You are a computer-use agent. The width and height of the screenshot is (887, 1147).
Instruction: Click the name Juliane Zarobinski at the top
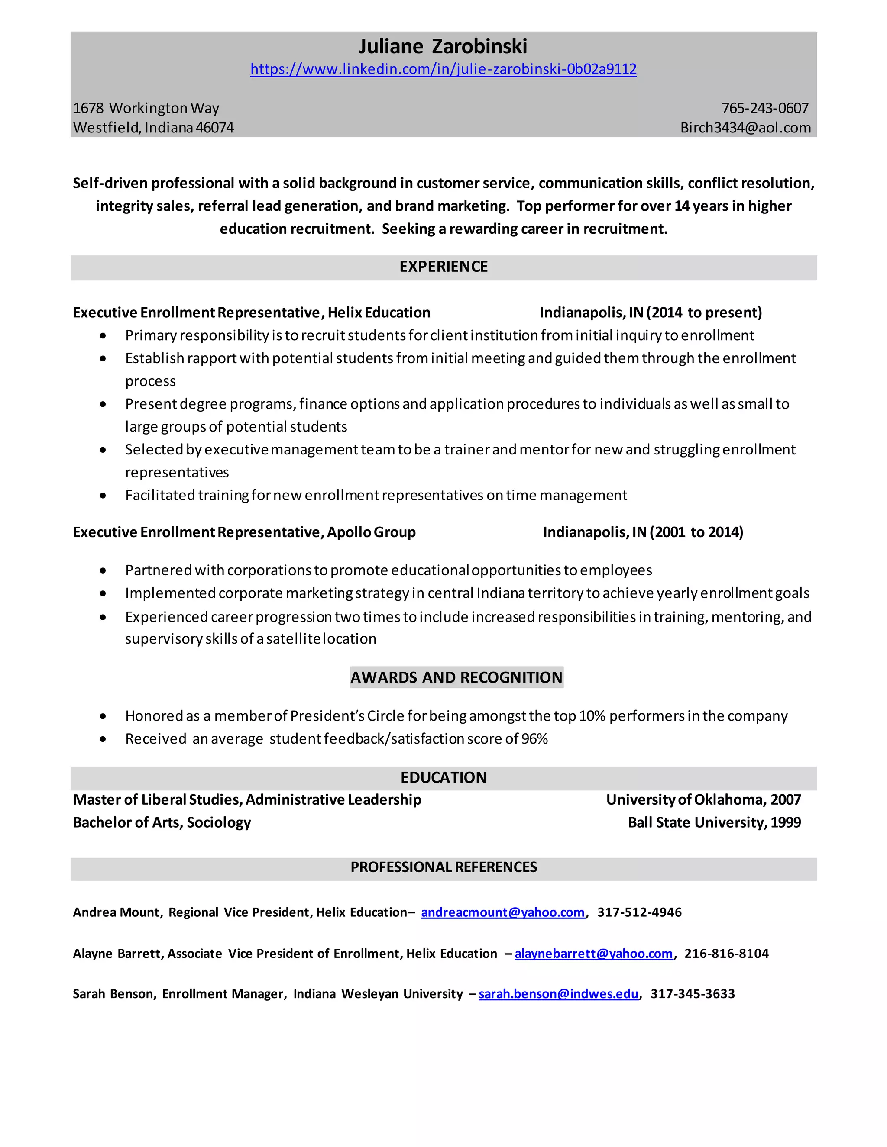click(x=443, y=47)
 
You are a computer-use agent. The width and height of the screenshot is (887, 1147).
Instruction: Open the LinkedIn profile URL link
click(x=443, y=69)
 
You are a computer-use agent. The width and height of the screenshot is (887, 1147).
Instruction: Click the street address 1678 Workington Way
click(x=146, y=108)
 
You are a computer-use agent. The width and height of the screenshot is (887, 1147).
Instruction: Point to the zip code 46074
click(x=215, y=128)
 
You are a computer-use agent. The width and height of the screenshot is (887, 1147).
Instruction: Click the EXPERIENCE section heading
click(x=443, y=267)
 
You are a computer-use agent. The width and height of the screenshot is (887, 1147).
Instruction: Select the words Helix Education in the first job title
click(x=379, y=313)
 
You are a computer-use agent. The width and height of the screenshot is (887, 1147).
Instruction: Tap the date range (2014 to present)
click(x=704, y=313)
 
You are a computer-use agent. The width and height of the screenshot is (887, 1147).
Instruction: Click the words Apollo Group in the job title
click(x=371, y=532)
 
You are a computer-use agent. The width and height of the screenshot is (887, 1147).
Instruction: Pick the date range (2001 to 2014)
click(x=696, y=532)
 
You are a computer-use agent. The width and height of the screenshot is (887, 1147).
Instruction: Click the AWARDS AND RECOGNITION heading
click(x=456, y=677)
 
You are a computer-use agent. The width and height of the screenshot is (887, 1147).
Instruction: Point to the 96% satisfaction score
click(x=534, y=739)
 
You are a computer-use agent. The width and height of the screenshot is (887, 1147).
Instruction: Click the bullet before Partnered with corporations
click(x=103, y=571)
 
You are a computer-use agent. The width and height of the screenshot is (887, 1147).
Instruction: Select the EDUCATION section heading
click(x=443, y=778)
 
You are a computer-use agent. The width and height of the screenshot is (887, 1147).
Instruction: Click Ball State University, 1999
click(x=714, y=822)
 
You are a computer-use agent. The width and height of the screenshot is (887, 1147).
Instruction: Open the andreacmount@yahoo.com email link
click(x=502, y=912)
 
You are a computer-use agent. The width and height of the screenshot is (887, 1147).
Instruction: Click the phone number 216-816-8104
click(x=726, y=954)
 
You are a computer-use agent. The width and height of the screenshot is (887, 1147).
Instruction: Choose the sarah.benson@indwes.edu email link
click(x=559, y=994)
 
